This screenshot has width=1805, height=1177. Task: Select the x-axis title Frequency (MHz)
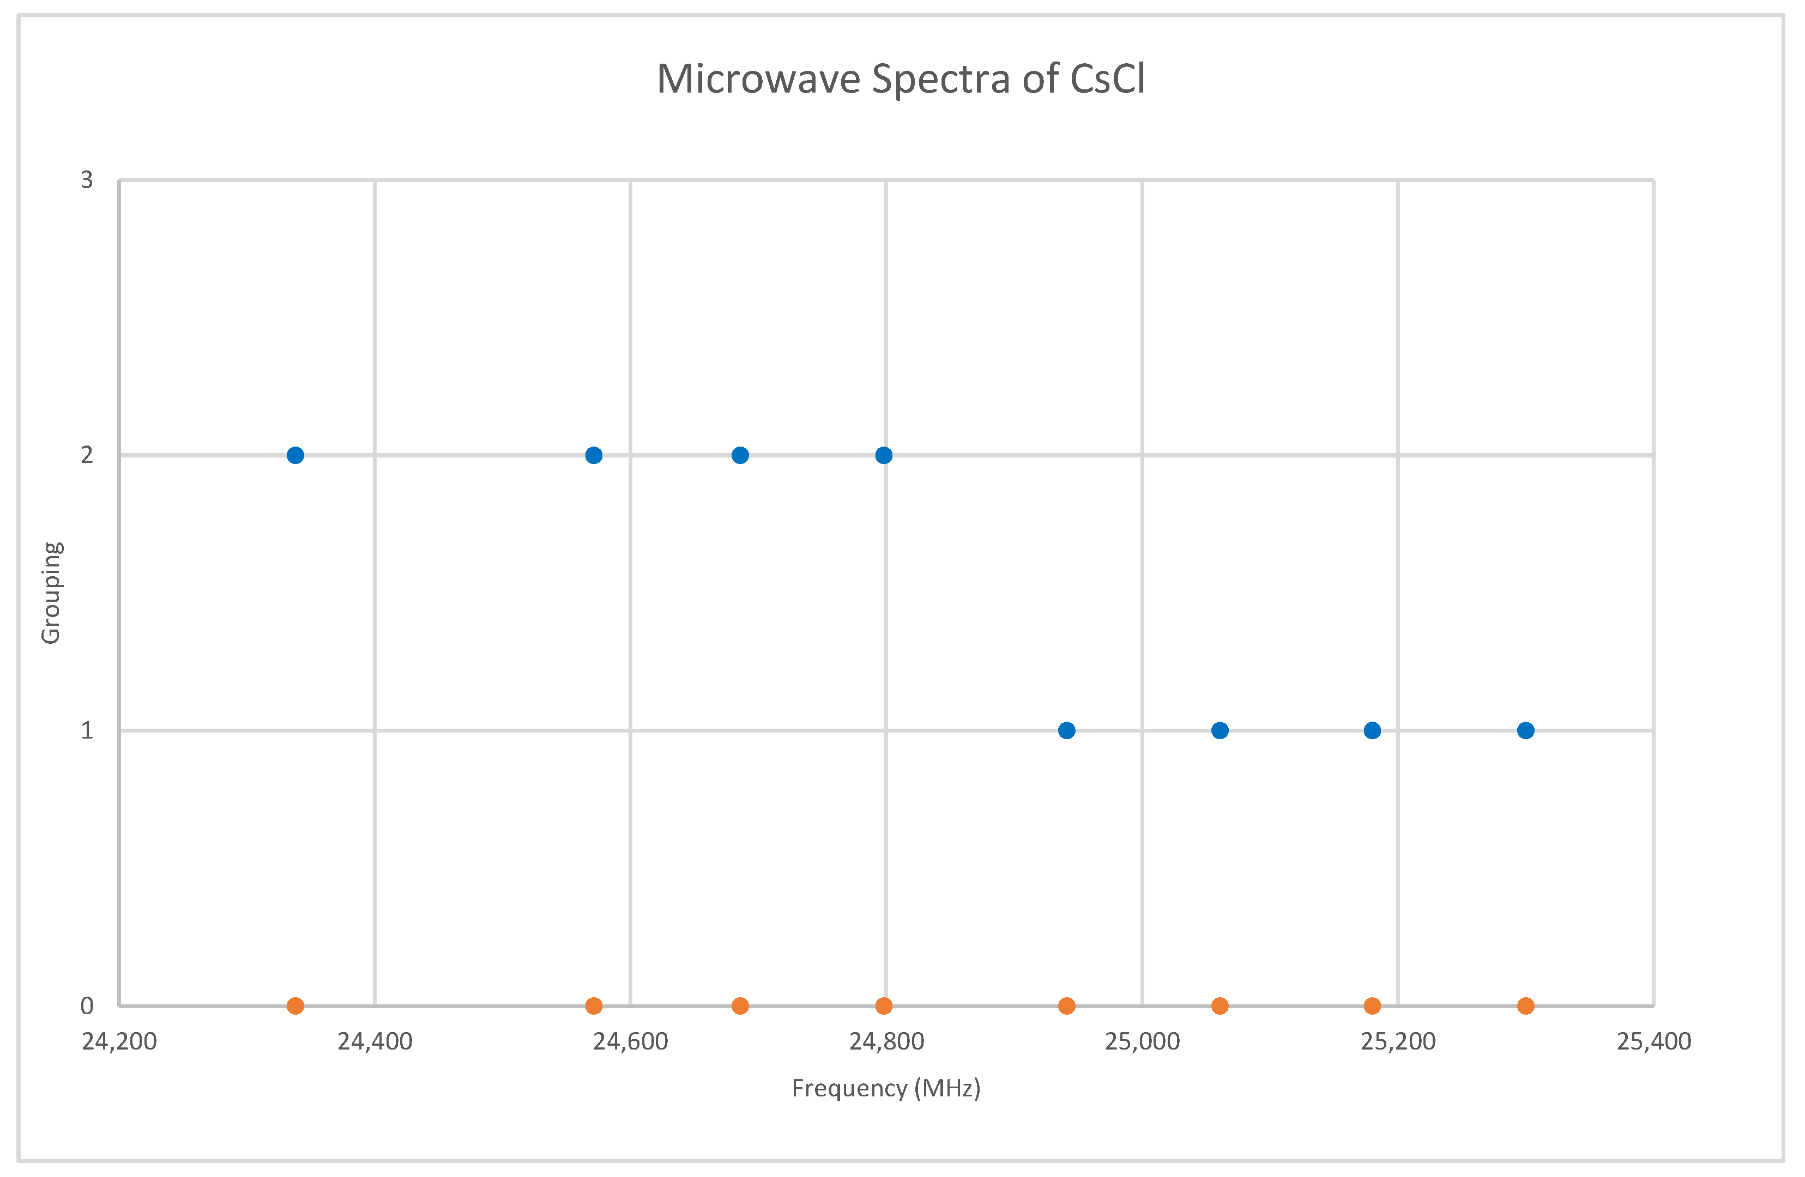point(886,1088)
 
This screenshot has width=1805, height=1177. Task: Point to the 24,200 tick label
point(119,1041)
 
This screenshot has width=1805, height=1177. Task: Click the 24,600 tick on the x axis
point(630,1041)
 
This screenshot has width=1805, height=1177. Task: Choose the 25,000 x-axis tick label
point(1142,1041)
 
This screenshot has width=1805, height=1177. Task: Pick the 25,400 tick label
point(1654,1041)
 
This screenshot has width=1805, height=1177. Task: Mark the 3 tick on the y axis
point(87,180)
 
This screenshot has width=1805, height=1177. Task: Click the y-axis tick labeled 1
point(87,730)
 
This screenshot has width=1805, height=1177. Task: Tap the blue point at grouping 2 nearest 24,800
point(884,455)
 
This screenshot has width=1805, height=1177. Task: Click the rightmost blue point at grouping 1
point(1526,730)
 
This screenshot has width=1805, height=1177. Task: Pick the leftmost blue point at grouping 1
point(1066,730)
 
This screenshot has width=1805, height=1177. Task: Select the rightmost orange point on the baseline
point(1526,1006)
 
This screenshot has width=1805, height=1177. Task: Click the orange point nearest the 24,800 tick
point(884,1006)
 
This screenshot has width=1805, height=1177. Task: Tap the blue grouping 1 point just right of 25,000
point(1220,730)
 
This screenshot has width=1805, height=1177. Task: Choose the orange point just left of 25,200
point(1372,1006)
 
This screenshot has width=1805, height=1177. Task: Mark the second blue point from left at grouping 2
point(594,455)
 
